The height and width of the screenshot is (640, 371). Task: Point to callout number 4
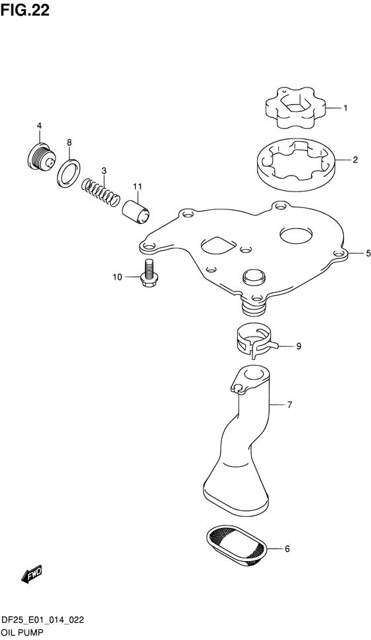[39, 126]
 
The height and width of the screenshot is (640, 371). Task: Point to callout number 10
[117, 277]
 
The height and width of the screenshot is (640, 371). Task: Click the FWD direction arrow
[32, 576]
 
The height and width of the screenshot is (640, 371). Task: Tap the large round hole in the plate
[295, 234]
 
